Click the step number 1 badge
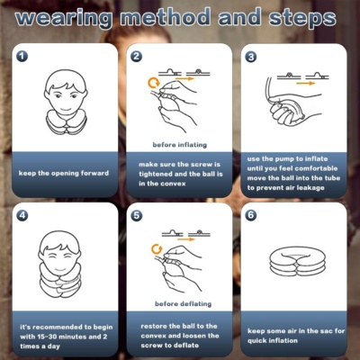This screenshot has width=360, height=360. pyautogui.click(x=22, y=56)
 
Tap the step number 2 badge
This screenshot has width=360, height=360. pyautogui.click(x=137, y=56)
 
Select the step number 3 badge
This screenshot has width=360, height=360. pyautogui.click(x=251, y=57)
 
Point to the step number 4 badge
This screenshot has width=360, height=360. pyautogui.click(x=22, y=215)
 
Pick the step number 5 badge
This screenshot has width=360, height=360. pyautogui.click(x=137, y=215)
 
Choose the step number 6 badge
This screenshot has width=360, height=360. pyautogui.click(x=251, y=215)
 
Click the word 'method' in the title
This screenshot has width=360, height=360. pyautogui.click(x=165, y=17)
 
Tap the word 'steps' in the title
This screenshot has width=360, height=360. pyautogui.click(x=302, y=19)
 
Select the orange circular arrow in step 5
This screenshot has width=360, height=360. pyautogui.click(x=157, y=248)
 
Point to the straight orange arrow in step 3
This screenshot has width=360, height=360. pyautogui.click(x=305, y=83)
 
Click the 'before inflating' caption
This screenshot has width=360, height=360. pyautogui.click(x=180, y=145)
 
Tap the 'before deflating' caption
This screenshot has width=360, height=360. pyautogui.click(x=183, y=304)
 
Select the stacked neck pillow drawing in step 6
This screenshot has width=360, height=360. pyautogui.click(x=297, y=261)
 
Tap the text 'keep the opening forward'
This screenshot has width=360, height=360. pyautogui.click(x=64, y=173)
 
